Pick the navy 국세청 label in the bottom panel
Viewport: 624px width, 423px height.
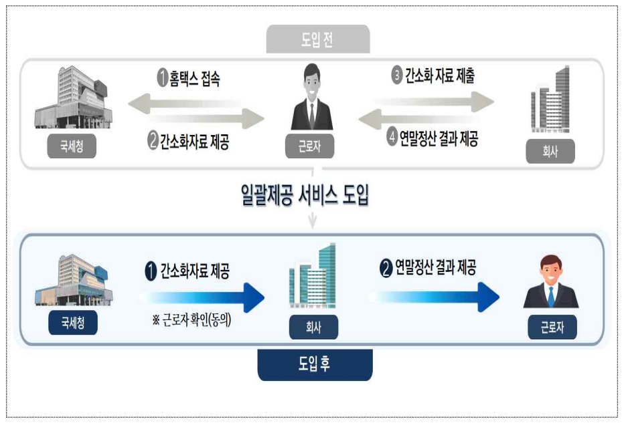click(73, 323)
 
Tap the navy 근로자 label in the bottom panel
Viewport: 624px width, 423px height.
click(552, 327)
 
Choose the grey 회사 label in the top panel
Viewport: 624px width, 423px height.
click(550, 152)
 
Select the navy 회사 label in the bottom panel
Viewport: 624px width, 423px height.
click(313, 327)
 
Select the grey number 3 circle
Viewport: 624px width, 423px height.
click(396, 76)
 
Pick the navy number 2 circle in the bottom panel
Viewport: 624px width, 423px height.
click(385, 269)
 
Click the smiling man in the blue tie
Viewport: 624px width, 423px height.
click(550, 285)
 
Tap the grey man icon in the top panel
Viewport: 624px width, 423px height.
click(311, 98)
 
